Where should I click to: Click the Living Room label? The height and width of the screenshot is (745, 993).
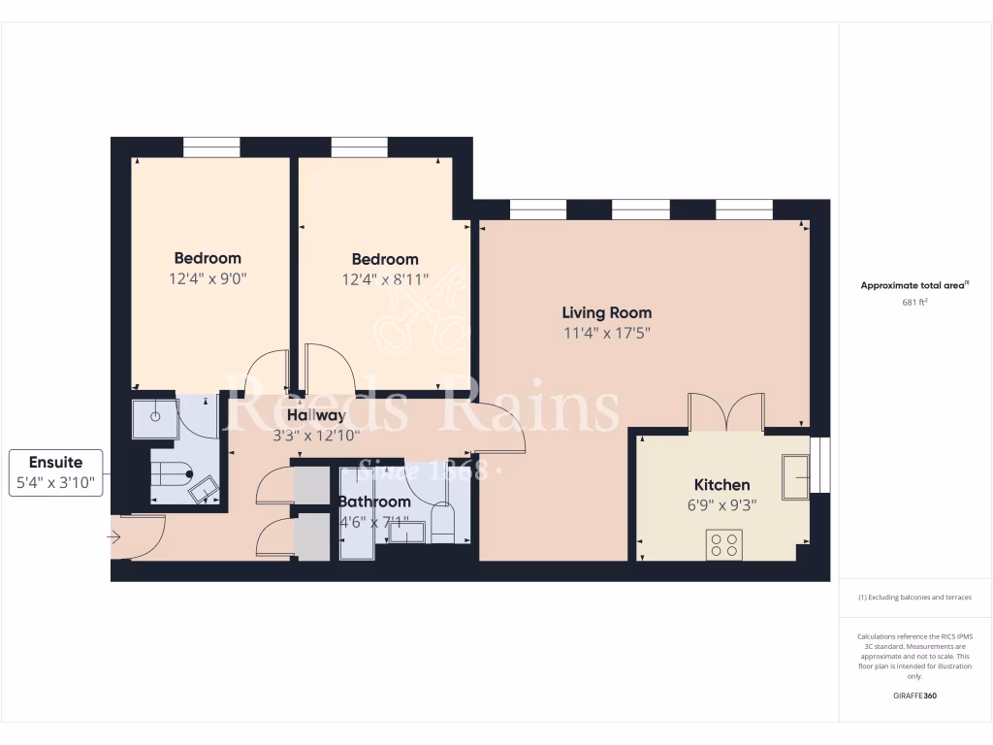point(607,312)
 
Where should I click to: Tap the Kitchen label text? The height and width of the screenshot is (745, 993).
point(721,485)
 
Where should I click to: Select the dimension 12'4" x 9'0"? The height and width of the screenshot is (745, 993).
point(208,278)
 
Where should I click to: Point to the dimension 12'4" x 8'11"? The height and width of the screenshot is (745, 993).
point(385,279)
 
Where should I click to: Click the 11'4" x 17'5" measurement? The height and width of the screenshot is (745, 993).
point(607,333)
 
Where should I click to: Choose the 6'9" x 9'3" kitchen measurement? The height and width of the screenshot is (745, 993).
point(721,504)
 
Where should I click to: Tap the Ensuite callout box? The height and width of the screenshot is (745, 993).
point(57,472)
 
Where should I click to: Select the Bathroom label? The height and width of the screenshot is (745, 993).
point(374,502)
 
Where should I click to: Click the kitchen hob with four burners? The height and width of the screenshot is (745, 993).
point(724,544)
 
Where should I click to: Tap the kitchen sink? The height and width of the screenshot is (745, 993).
point(797,477)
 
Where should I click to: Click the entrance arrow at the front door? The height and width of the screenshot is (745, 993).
point(113,535)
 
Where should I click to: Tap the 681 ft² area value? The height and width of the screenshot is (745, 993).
point(915,302)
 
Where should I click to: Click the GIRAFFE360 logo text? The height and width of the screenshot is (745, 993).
point(915,696)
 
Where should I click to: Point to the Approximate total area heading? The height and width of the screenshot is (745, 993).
point(913,285)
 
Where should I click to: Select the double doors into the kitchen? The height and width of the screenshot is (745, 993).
point(726,411)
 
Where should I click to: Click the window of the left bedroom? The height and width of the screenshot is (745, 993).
point(211,146)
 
